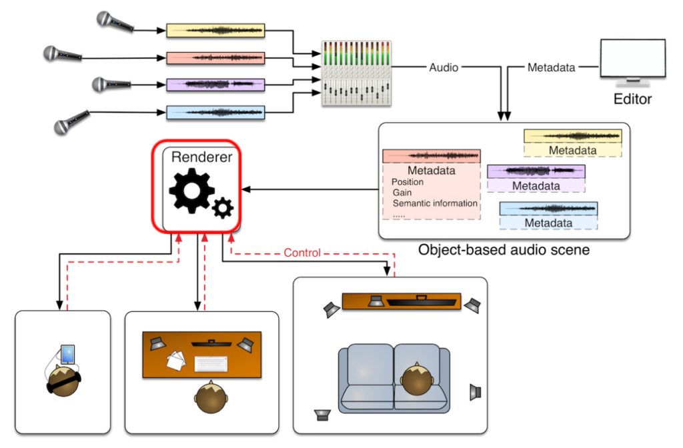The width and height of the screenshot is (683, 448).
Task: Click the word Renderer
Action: point(202,157)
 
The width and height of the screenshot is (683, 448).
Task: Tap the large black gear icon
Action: point(191,190)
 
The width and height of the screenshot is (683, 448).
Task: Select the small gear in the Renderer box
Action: point(223,209)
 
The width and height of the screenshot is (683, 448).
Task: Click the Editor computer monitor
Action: point(632,62)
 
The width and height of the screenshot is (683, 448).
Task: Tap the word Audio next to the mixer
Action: point(444,67)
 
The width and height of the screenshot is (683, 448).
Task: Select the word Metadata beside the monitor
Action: point(551,67)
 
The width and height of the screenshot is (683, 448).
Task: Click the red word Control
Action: point(302,253)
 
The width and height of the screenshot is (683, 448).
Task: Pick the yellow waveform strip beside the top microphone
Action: point(215,31)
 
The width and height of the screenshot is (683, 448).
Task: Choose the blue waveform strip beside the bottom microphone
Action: point(215,112)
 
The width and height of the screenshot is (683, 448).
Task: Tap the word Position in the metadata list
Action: point(408,182)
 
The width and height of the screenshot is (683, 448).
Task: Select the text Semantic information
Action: point(435,203)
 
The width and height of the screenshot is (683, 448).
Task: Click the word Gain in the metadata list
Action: point(402,193)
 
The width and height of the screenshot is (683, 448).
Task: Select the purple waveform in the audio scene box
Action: point(536,171)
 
